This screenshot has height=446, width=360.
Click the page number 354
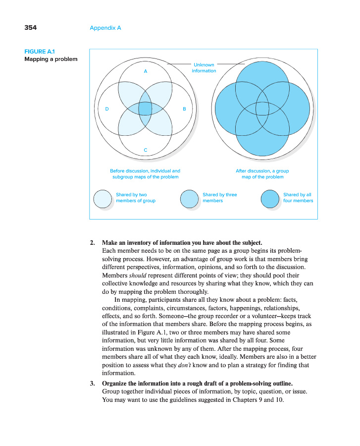coord(30,28)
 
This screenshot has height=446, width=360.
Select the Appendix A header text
coord(105,28)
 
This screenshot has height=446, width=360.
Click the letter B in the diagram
coord(184,109)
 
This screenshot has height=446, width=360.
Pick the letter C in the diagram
coord(145,149)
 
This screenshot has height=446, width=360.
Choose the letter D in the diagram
coord(106,109)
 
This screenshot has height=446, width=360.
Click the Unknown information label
coord(204,68)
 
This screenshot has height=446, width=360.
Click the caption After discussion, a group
coord(262,171)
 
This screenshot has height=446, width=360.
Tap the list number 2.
coord(92,243)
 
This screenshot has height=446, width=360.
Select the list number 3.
coord(92,383)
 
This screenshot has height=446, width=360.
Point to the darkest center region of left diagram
coord(145,108)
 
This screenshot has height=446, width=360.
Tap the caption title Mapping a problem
coord(51,59)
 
